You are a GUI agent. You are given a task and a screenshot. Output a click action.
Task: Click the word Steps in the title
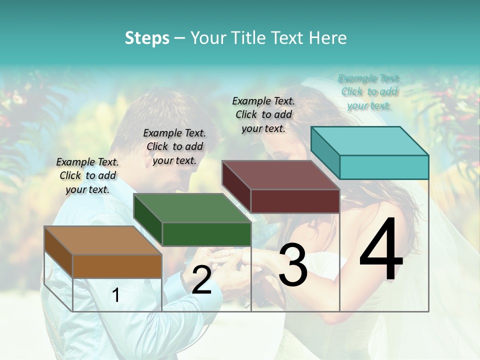tap(147, 38)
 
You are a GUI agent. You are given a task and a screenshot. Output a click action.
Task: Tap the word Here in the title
tap(328, 38)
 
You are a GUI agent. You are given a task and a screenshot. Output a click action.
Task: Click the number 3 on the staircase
tap(292, 265)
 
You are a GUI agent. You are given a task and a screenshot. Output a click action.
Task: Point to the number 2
tap(201, 280)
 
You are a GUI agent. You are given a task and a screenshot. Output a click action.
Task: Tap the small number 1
tap(116, 295)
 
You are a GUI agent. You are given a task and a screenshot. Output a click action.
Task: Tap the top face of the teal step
tap(369, 140)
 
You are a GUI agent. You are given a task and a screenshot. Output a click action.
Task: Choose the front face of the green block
tap(206, 234)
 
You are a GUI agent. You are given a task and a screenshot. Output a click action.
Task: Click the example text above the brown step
tap(87, 176)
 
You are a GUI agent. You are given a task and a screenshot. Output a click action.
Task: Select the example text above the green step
tap(174, 146)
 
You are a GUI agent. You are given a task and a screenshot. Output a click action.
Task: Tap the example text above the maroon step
tap(263, 114)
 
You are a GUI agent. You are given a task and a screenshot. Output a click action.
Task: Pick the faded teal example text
tap(369, 91)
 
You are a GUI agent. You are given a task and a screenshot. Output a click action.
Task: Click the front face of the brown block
tap(117, 266)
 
